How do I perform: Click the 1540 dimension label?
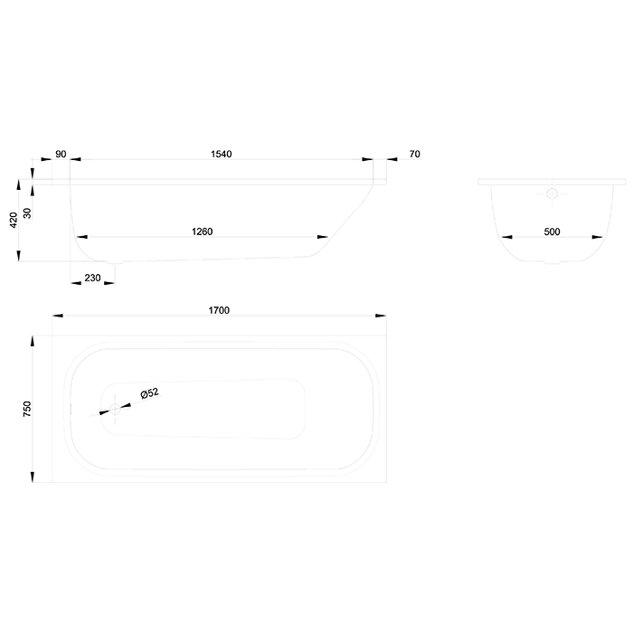point(222,154)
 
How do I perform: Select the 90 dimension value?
point(61,154)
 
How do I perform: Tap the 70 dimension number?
point(414,154)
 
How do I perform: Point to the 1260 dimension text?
point(202,231)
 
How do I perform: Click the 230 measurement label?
point(92,278)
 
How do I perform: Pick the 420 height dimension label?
point(14,220)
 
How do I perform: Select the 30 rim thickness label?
point(27,213)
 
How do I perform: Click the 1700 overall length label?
point(219,310)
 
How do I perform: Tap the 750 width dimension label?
point(27,409)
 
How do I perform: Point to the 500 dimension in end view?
point(552,231)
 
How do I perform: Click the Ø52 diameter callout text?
point(150,392)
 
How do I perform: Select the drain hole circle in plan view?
point(115,409)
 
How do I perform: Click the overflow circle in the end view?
point(552,194)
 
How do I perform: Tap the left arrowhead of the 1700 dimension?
point(58,316)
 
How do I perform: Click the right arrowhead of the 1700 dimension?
point(381,316)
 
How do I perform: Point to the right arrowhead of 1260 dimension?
point(323,237)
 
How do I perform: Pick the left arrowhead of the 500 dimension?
point(506,237)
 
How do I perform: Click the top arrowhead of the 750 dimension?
point(33,341)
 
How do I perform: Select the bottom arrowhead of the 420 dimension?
point(19,256)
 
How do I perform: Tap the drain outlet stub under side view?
point(115,262)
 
